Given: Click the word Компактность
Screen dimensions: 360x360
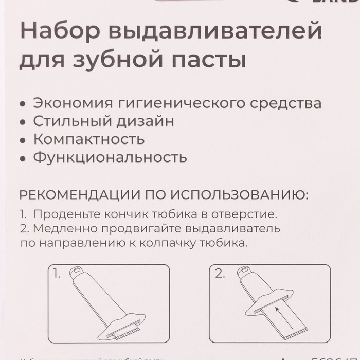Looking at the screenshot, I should (88, 139).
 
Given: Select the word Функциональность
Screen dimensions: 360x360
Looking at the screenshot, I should (110, 157).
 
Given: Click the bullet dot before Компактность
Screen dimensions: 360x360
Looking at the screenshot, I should (22, 140).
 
